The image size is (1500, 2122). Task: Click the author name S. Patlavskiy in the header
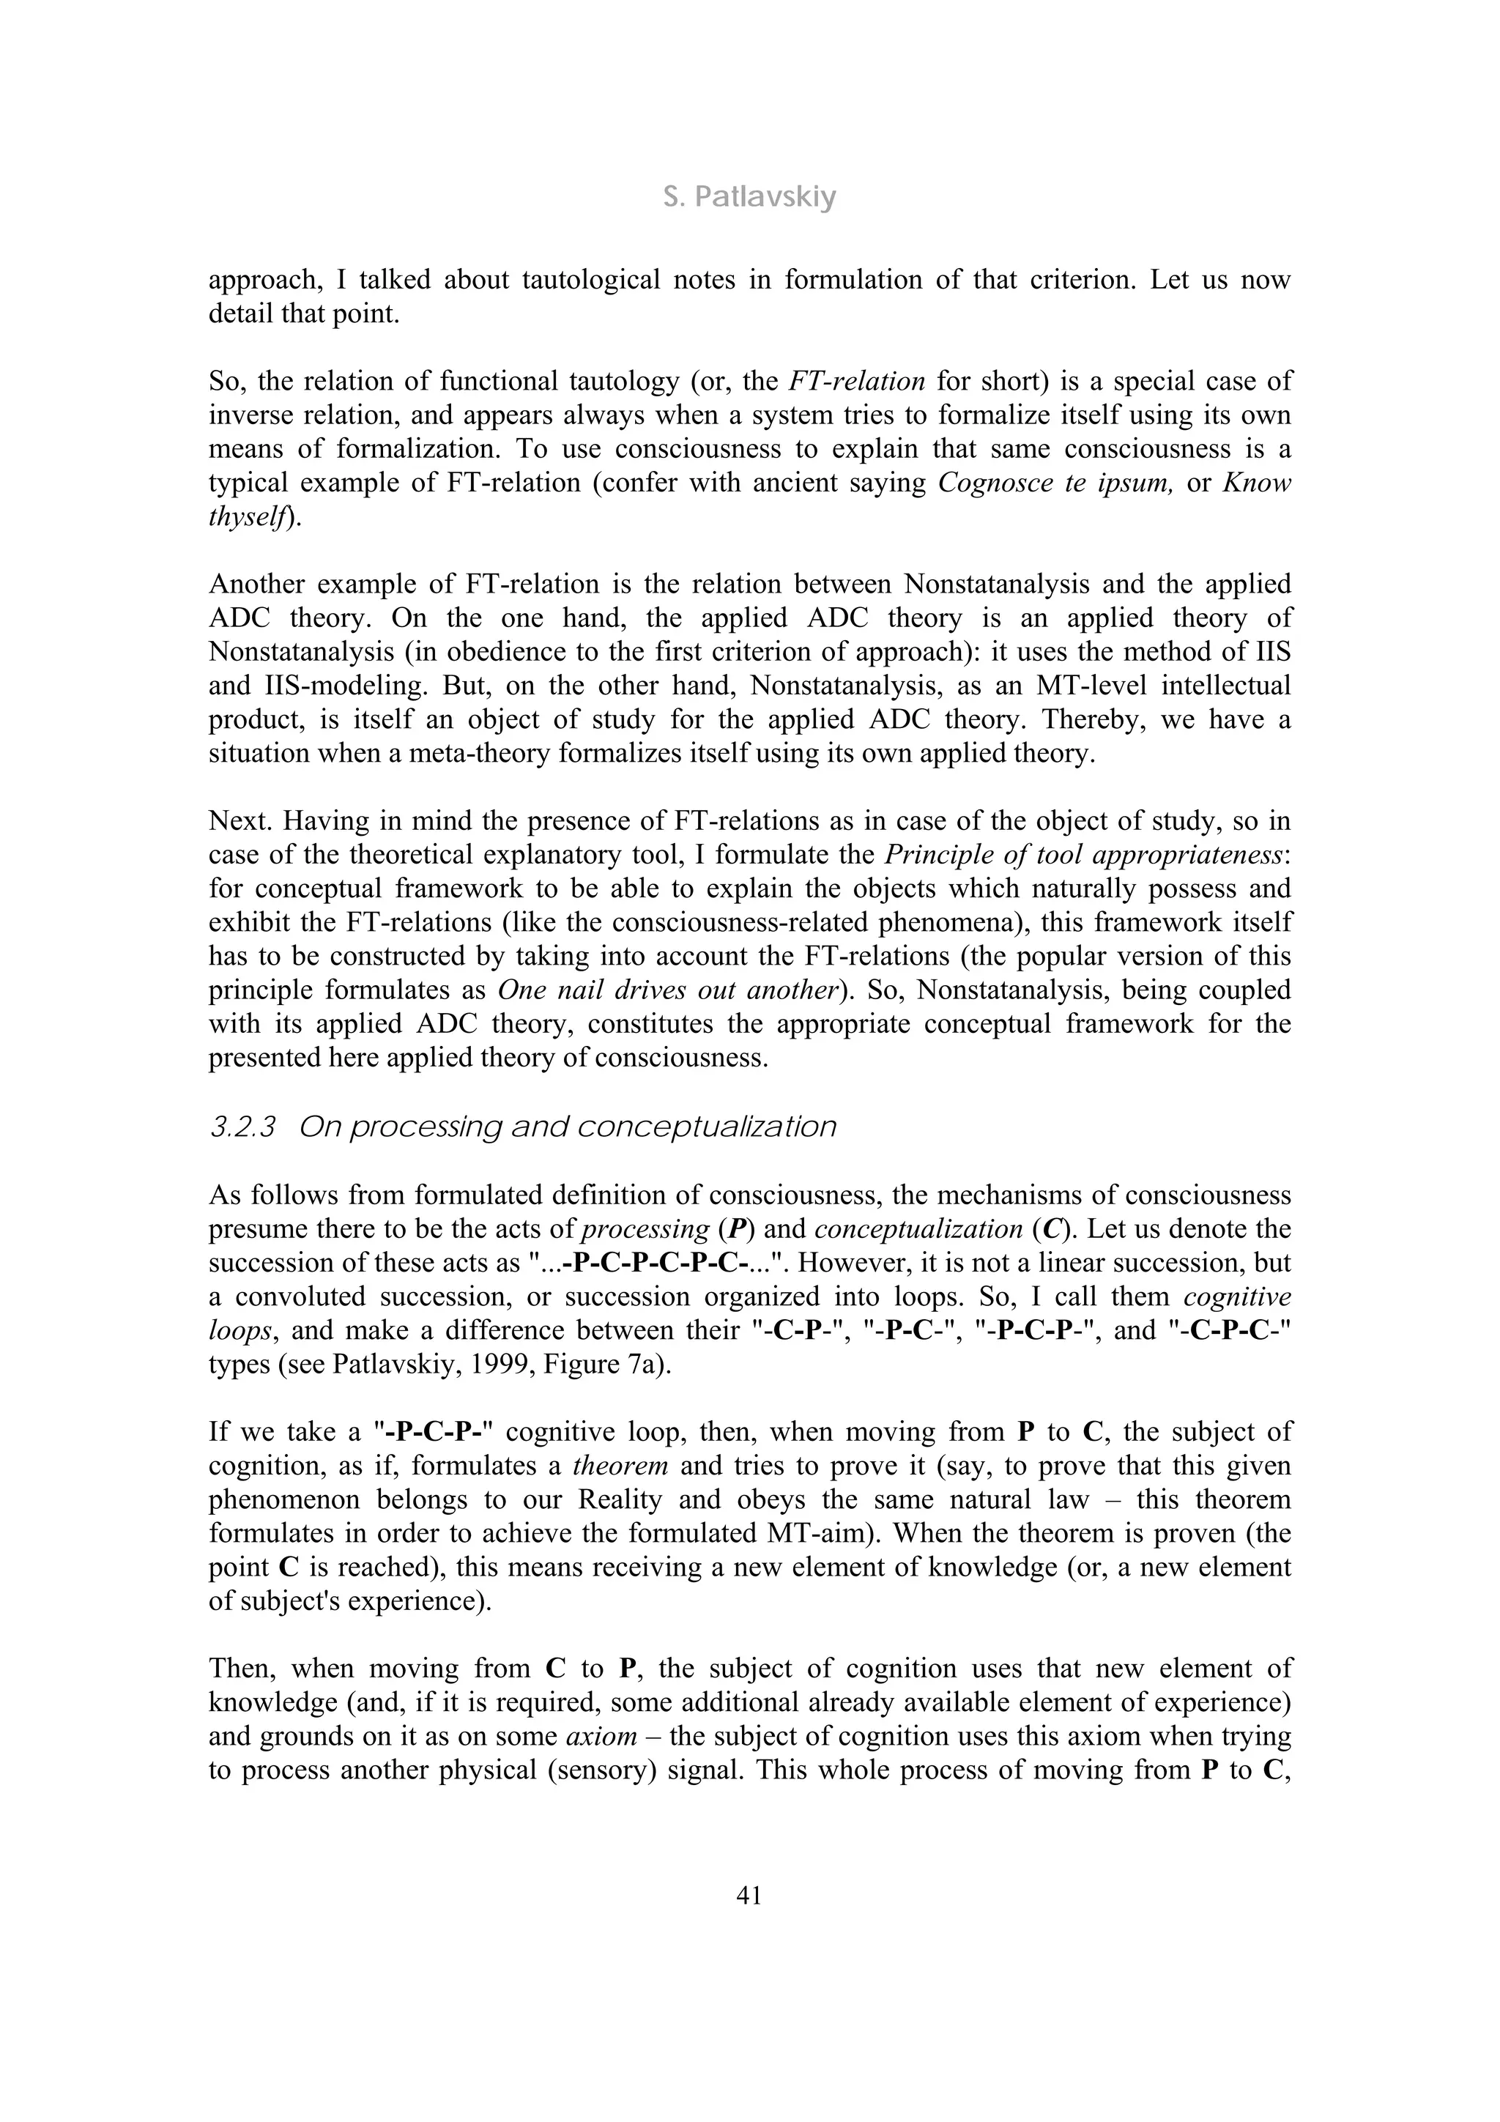(x=749, y=197)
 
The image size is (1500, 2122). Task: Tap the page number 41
(x=749, y=1896)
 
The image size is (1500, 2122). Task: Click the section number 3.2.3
(x=243, y=1127)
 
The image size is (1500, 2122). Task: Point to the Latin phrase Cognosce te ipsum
(x=1055, y=483)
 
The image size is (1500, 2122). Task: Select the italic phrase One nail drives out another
(x=668, y=990)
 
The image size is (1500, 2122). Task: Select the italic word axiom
(x=601, y=1736)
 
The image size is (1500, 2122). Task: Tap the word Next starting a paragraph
(x=236, y=820)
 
